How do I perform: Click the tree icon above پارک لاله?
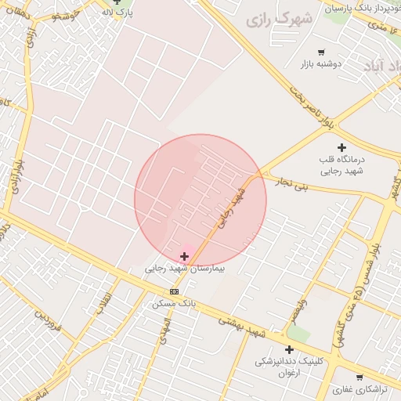point(117,2)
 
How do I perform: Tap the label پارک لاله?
point(117,13)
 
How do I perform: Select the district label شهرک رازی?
point(280,19)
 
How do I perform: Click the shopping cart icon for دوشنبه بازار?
point(321,52)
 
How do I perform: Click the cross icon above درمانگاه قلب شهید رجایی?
point(341,147)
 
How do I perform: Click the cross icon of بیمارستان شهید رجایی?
point(185,255)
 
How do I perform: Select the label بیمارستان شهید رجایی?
point(184,268)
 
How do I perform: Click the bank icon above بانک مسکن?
point(174,291)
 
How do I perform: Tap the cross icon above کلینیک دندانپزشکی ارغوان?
point(289,349)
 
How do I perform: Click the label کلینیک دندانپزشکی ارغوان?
point(289,367)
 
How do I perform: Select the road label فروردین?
point(47,321)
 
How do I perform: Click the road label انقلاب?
point(105,304)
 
